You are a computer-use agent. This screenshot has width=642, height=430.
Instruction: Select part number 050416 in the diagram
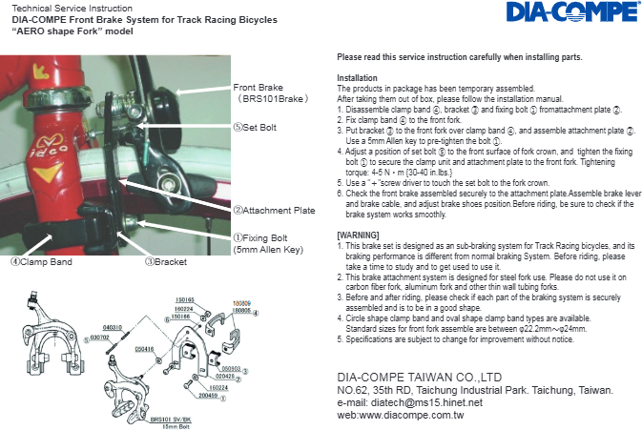pos(145,349)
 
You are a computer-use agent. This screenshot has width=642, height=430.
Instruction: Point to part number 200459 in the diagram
pos(207,395)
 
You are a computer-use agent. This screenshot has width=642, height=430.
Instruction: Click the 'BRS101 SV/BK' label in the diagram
pos(172,418)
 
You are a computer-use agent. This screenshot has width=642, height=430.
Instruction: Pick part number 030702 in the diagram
pos(99,337)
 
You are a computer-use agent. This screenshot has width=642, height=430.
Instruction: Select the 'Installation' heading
pos(358,77)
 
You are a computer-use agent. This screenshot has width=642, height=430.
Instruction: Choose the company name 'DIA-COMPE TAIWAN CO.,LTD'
pos(420,378)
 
